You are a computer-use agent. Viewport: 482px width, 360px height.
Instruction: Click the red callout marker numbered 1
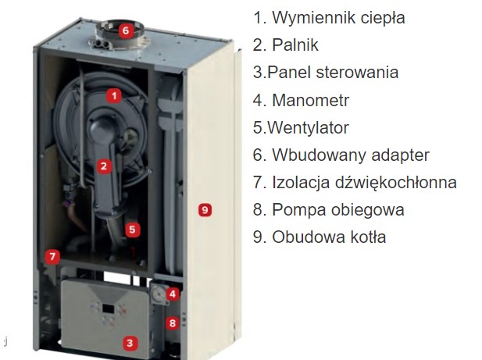coord(114,96)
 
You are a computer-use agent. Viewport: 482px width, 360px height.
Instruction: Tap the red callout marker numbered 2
coord(104,166)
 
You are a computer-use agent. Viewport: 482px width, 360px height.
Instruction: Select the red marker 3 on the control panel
coord(130,343)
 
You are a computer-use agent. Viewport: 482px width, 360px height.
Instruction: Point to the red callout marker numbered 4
coord(173,294)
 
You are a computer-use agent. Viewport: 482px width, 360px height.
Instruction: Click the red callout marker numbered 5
coord(132,230)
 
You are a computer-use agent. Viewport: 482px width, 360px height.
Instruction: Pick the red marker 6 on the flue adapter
coord(126,30)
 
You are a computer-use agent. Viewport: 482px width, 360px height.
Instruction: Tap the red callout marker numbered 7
coord(52,256)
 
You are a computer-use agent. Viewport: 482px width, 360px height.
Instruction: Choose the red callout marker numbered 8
coord(173,323)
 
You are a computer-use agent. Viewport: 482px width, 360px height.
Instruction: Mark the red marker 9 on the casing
coord(205,210)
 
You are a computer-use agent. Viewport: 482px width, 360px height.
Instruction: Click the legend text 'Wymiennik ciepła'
coord(338,17)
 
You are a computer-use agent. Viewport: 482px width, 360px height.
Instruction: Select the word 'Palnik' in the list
coord(295,45)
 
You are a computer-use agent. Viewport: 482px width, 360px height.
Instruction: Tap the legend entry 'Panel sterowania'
coord(333,73)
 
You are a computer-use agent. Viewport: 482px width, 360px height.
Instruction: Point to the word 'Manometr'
coord(311,100)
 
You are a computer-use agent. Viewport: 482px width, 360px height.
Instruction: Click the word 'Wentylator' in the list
coord(308,127)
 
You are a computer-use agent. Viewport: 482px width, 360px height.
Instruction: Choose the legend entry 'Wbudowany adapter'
coord(351,155)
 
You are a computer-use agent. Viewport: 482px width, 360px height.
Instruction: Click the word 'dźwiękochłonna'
coord(395,182)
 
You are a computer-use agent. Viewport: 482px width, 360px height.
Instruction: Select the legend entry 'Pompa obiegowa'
coord(338,210)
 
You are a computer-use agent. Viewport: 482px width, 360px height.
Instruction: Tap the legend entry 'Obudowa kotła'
coord(329,237)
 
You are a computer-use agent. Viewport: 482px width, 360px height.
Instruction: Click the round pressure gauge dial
coord(159,294)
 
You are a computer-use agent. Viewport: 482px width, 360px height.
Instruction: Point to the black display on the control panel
coord(109,308)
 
